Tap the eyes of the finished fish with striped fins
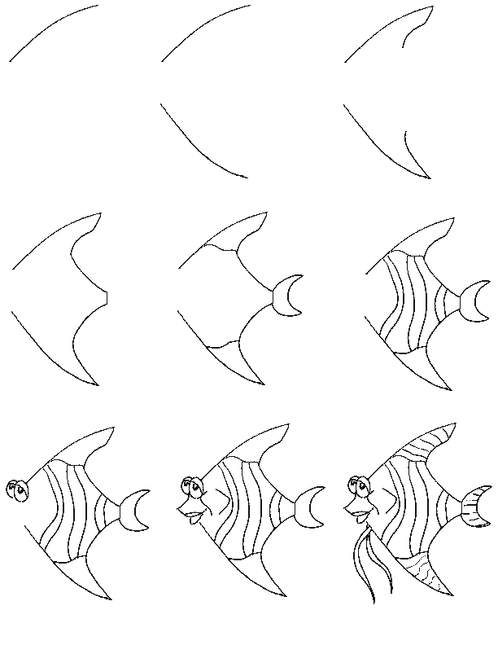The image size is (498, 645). (x=358, y=487)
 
